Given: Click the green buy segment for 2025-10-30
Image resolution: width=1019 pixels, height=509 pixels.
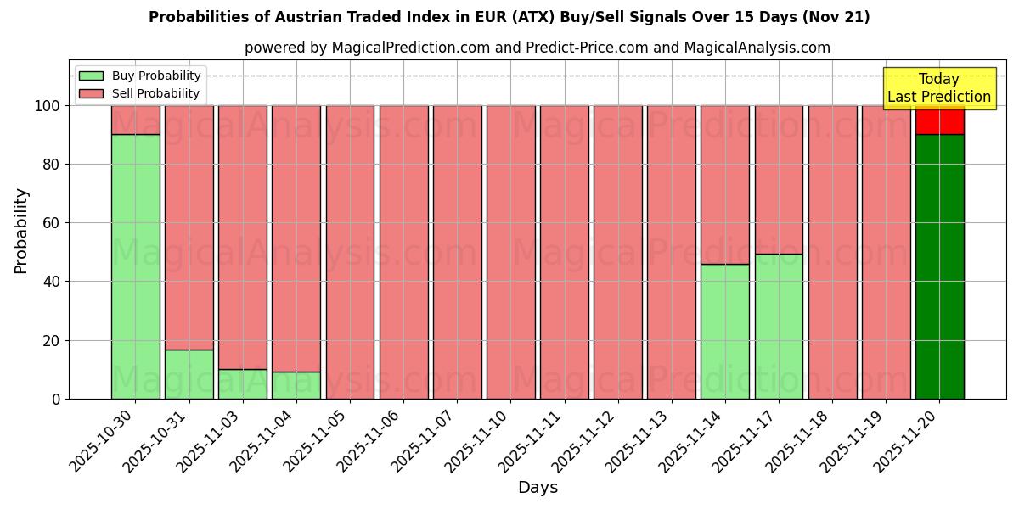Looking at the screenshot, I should [x=135, y=266].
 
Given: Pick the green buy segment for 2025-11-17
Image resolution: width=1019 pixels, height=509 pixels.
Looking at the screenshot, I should [x=779, y=326].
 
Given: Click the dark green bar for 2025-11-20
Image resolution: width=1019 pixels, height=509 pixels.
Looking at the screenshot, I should [x=939, y=266].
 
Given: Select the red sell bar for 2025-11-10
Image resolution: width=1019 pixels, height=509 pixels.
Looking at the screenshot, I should [x=510, y=252].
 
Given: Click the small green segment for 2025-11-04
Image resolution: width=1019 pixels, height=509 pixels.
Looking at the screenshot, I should [x=296, y=385].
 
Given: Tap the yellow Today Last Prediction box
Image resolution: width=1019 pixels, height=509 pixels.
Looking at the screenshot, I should [x=939, y=88].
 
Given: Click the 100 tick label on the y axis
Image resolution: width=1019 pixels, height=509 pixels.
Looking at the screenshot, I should [x=46, y=106].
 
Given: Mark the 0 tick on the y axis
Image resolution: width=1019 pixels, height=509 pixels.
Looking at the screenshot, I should [x=55, y=399].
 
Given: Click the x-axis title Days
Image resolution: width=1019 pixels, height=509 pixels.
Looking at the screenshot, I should [x=538, y=488].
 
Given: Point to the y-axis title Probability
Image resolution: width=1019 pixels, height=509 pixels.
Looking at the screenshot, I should [x=21, y=231].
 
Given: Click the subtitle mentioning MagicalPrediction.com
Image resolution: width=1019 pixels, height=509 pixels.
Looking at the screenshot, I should [x=538, y=48].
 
